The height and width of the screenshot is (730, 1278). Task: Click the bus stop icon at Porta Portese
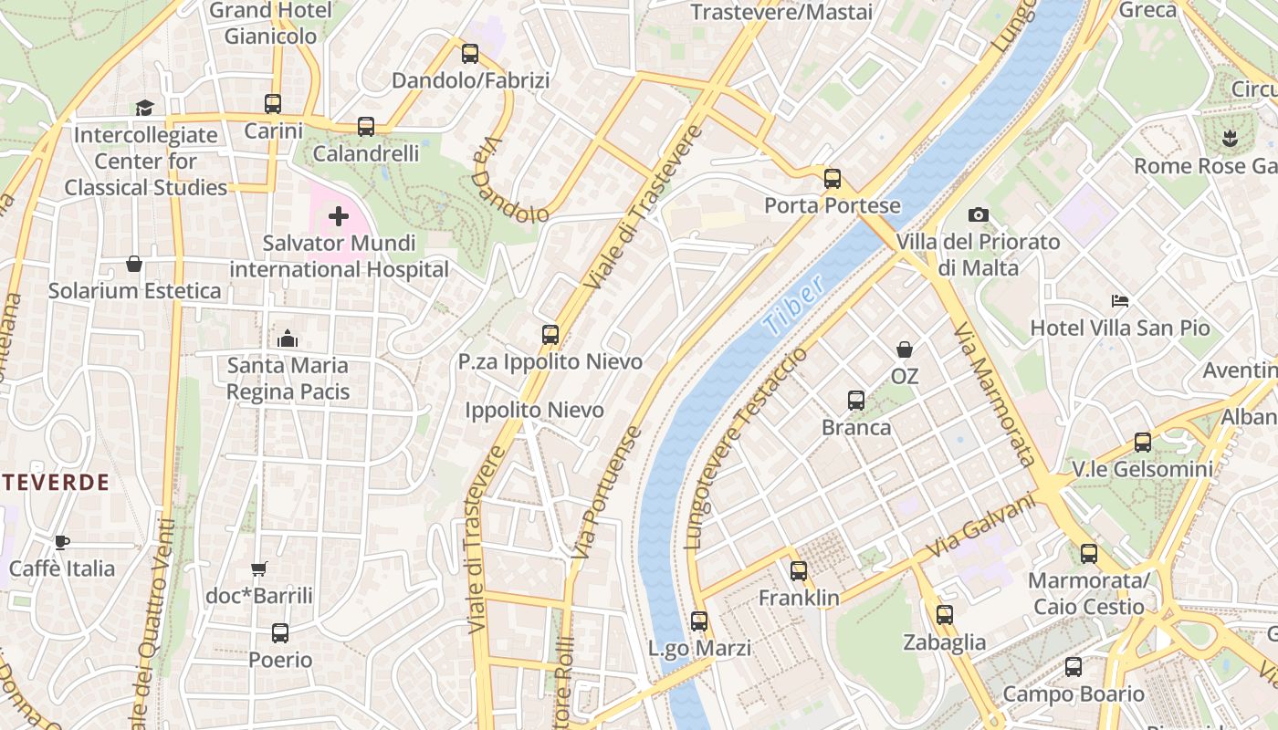[x=832, y=178]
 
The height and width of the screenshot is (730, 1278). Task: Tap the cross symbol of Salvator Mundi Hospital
[x=339, y=216]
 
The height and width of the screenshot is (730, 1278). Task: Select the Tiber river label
[x=793, y=304]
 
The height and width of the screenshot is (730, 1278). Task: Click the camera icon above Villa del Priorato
[x=978, y=214]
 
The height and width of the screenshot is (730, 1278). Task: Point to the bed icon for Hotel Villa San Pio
[x=1120, y=300]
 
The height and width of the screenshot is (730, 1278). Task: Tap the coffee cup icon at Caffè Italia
[x=61, y=542]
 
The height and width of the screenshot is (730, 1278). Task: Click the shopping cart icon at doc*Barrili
[x=258, y=568]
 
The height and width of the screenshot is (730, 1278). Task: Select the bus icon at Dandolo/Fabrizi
[x=470, y=54]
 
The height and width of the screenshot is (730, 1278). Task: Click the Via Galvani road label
[x=983, y=527]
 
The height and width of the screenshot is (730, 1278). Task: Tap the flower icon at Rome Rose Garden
[x=1230, y=139]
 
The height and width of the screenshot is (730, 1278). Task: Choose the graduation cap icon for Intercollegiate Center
[x=145, y=108]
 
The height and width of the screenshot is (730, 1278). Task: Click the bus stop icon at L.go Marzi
[x=699, y=621]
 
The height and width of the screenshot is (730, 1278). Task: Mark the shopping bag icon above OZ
[x=904, y=349]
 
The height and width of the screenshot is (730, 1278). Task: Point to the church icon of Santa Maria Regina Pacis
[x=288, y=339]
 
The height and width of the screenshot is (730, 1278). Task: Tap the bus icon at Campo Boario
[x=1073, y=667]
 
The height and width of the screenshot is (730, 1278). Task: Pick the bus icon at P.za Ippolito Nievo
[x=550, y=334]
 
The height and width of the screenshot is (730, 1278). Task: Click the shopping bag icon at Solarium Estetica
[x=134, y=264]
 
